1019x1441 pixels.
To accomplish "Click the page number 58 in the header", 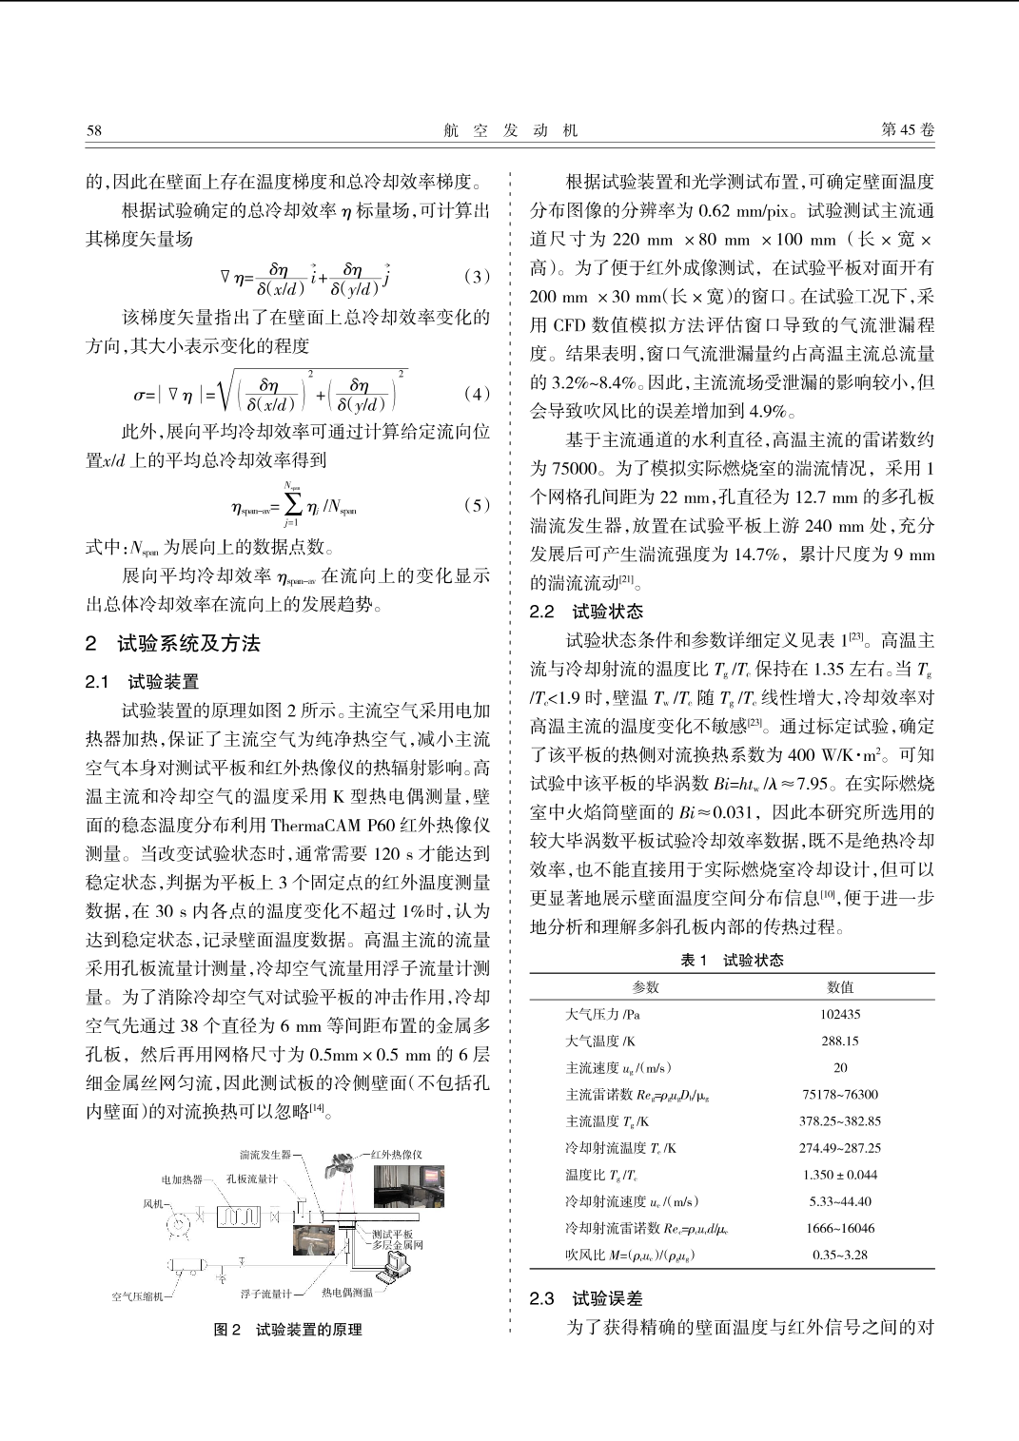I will pos(93,130).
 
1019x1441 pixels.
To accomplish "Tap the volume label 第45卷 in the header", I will pos(908,130).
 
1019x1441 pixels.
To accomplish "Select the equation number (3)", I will pos(477,277).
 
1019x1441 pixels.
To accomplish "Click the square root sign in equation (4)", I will pos(225,391).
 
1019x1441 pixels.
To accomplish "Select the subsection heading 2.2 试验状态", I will pos(586,612).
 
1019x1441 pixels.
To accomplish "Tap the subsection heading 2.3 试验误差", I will pos(586,1298).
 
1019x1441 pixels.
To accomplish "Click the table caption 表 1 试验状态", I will pos(732,961).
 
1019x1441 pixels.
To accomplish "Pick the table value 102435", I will pos(840,1014).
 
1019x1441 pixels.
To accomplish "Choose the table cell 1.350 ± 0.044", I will pos(840,1175).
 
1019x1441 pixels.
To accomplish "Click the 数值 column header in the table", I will pos(840,987).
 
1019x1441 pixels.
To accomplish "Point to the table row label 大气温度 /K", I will pos(601,1041).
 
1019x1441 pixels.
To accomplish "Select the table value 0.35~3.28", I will pos(840,1255).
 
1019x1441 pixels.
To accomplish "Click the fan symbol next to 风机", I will pos(177,1222).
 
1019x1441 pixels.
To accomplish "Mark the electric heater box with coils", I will pos(238,1217).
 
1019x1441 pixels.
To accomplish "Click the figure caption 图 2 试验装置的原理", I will pos(287,1330).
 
